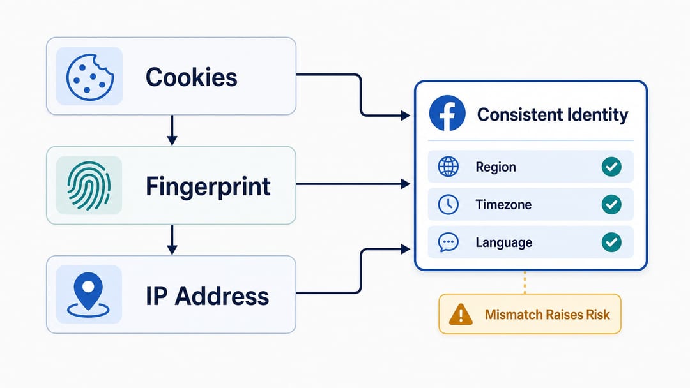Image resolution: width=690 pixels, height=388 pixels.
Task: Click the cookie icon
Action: click(x=90, y=77)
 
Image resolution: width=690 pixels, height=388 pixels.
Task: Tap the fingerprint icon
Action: click(x=88, y=186)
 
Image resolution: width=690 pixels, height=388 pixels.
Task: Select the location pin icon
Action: click(x=88, y=294)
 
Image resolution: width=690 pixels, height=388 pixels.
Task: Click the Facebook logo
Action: click(x=447, y=114)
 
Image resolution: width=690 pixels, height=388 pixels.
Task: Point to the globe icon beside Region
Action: click(x=448, y=167)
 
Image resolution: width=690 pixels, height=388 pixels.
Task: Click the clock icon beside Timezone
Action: click(x=448, y=205)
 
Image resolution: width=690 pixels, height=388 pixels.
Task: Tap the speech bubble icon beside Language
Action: click(x=448, y=243)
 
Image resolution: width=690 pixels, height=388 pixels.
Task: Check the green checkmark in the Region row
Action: click(x=611, y=167)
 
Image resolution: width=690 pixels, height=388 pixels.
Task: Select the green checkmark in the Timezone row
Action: click(x=611, y=205)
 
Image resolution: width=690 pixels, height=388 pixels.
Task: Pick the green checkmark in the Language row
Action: click(x=611, y=243)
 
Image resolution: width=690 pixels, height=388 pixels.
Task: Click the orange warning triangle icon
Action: click(x=461, y=314)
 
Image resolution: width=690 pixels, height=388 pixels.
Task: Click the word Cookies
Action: click(x=192, y=77)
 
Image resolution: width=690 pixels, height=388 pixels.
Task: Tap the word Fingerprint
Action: click(x=208, y=186)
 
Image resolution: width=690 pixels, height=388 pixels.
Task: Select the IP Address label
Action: click(x=207, y=295)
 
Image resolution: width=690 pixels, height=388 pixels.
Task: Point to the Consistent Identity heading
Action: click(x=553, y=115)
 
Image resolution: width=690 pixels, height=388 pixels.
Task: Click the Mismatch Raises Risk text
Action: click(x=548, y=315)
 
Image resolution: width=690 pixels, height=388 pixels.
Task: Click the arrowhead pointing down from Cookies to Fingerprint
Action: click(x=172, y=140)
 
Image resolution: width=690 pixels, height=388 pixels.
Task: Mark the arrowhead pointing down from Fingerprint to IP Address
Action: click(x=172, y=250)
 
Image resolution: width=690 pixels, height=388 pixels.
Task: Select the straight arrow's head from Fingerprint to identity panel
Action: click(x=405, y=184)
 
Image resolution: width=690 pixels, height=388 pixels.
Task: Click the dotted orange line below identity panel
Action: click(x=525, y=283)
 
